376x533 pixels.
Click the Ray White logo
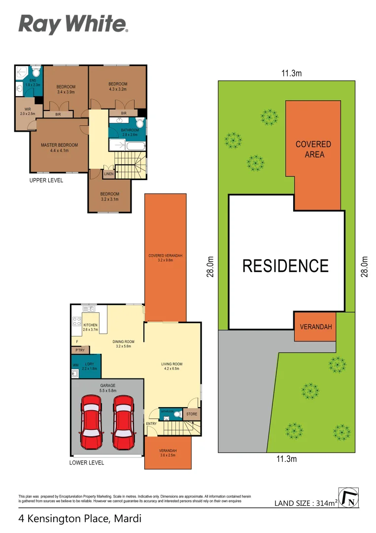[x=73, y=24]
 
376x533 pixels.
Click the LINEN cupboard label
[x=109, y=174]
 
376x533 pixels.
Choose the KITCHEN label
[x=90, y=325]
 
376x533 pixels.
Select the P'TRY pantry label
[x=80, y=350]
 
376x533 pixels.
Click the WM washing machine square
[x=76, y=365]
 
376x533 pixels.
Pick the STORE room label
[x=191, y=415]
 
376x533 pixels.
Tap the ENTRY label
[x=151, y=423]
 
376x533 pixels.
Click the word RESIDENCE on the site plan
[x=285, y=266]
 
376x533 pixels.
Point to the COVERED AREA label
[x=313, y=149]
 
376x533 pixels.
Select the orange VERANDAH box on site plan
[x=315, y=327]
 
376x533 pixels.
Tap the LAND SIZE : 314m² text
[x=306, y=503]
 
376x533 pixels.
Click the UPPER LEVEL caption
[x=47, y=181]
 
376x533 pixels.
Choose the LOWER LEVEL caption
[x=87, y=463]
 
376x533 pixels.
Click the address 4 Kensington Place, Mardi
[x=80, y=519]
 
